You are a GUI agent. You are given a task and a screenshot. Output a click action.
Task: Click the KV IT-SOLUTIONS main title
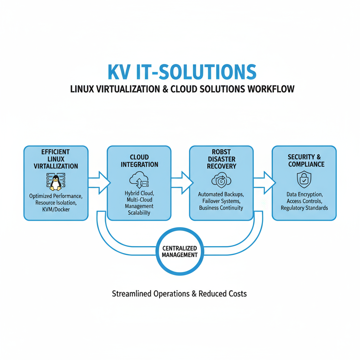(182, 71)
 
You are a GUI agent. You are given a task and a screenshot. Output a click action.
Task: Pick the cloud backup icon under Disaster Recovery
(221, 181)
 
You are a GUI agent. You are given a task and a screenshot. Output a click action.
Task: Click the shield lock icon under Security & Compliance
(304, 180)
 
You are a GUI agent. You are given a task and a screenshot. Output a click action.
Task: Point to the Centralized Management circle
(180, 251)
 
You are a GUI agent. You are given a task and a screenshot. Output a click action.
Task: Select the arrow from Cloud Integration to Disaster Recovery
(182, 182)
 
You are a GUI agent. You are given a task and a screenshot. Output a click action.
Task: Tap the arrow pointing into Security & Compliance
(264, 182)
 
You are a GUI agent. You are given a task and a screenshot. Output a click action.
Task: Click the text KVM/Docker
(56, 210)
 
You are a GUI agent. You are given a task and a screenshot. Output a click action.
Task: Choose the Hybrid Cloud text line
(139, 193)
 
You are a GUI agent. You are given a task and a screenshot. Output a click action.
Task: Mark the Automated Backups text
(221, 194)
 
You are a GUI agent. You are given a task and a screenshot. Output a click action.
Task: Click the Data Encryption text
(304, 194)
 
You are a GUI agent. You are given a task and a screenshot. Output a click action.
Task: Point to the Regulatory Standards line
(304, 208)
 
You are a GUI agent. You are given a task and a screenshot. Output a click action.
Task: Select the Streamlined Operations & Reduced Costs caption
(179, 294)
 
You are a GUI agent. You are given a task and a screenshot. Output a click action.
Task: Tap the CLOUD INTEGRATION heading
(139, 161)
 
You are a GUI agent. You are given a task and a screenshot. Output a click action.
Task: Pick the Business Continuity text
(221, 208)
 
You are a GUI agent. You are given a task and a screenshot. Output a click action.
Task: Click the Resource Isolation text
(56, 203)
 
